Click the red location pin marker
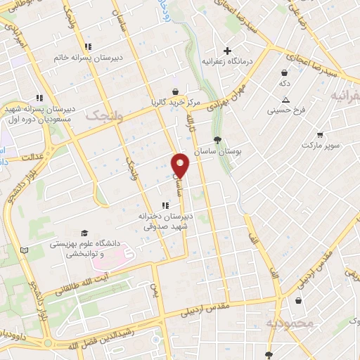coord(181,165)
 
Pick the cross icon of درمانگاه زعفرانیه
coord(227,51)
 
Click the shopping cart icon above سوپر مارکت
coord(319,134)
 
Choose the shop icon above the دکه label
coord(284,72)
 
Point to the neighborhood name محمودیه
coord(290,323)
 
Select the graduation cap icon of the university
coord(84,232)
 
